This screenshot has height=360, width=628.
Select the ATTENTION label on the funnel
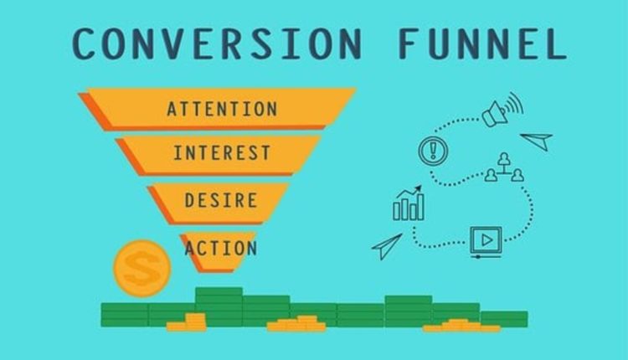222,109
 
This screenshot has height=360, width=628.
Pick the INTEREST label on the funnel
222,153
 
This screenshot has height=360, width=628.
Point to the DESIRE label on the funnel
221,201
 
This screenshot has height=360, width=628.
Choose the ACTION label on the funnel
221,248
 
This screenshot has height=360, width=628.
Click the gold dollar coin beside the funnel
142,268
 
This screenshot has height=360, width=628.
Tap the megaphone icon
499,112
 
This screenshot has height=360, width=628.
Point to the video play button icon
485,241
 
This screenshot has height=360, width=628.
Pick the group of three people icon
504,167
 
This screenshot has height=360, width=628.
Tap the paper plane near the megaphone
537,140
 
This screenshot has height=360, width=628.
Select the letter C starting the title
86,44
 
